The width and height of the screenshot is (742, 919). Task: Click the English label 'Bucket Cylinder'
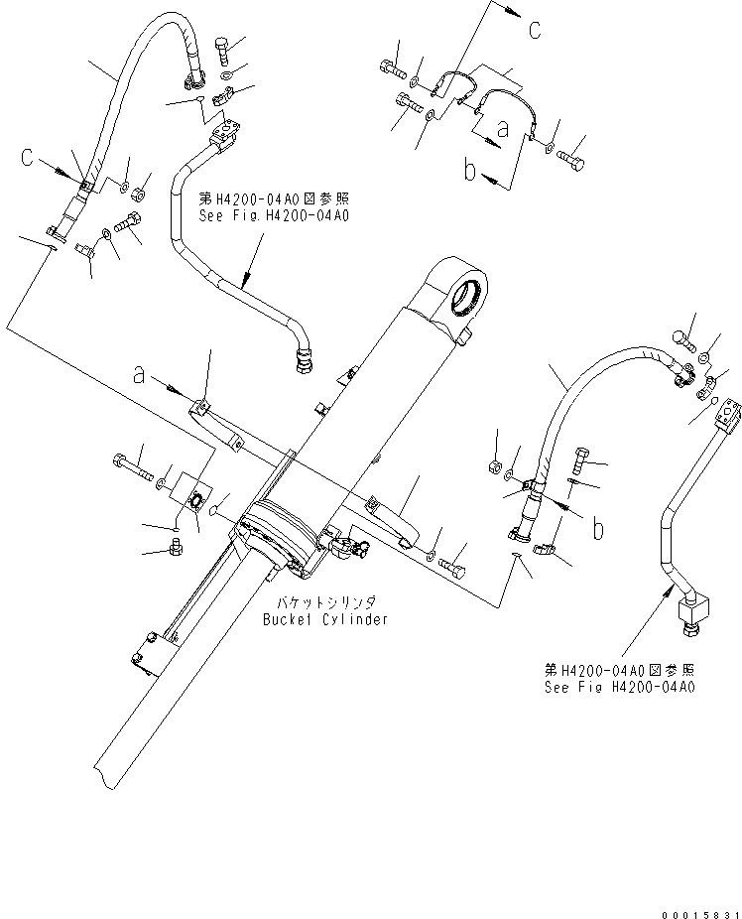[x=325, y=619]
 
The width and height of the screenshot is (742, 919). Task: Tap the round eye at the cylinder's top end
[x=469, y=295]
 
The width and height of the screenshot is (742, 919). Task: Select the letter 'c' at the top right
[x=534, y=31]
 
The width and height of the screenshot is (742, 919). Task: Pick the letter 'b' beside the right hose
[x=597, y=529]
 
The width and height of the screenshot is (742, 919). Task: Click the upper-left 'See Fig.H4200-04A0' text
[x=275, y=214]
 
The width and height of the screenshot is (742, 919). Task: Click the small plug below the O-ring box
[x=177, y=545]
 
